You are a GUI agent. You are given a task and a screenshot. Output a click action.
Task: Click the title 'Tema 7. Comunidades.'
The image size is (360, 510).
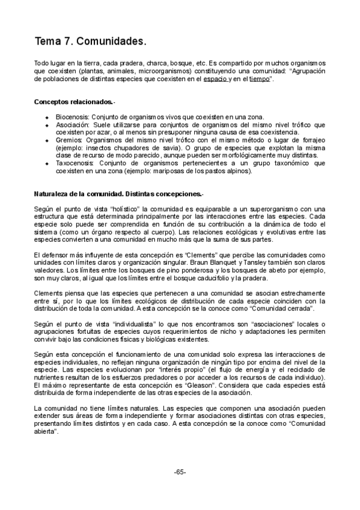pos(90,42)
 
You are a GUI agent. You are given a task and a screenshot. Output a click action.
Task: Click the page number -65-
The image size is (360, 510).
pos(180,472)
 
